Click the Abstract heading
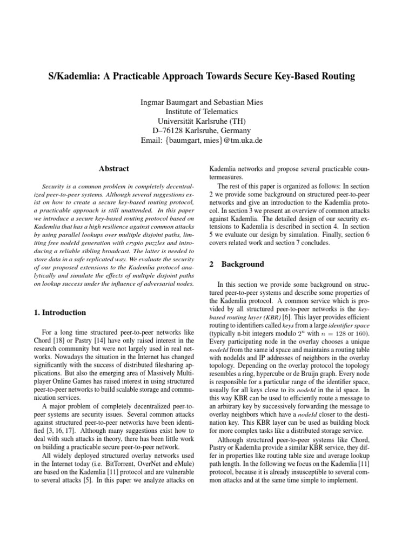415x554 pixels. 113,169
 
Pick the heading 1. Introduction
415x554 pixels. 57,313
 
